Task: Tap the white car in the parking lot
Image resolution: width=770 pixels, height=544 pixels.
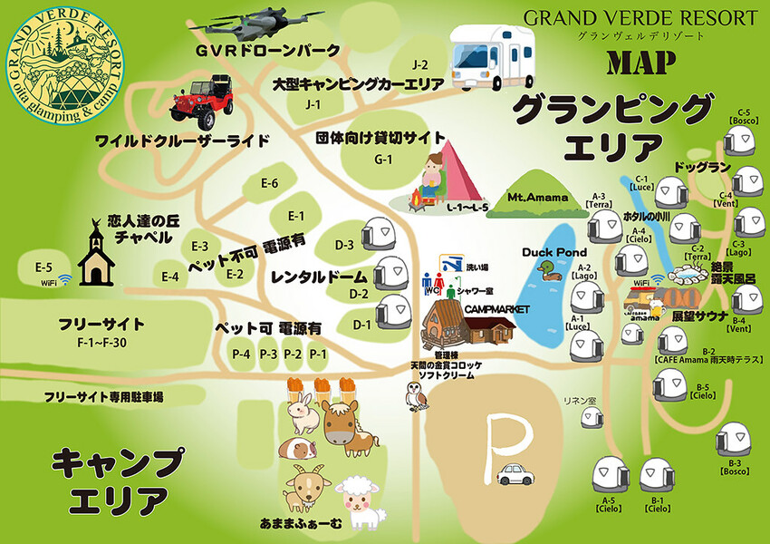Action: point(515,473)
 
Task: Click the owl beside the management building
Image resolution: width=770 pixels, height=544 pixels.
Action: point(417,395)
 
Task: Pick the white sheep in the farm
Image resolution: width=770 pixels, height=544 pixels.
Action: point(360,501)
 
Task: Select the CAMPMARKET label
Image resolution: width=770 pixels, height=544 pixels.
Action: point(496,309)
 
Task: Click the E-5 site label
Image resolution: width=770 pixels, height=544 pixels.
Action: point(43,267)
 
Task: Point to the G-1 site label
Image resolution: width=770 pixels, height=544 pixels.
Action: point(383,160)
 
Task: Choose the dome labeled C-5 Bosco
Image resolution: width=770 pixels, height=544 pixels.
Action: point(740,141)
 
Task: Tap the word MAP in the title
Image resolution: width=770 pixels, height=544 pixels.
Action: point(645,63)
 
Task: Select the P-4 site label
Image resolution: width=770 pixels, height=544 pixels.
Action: point(241,354)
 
